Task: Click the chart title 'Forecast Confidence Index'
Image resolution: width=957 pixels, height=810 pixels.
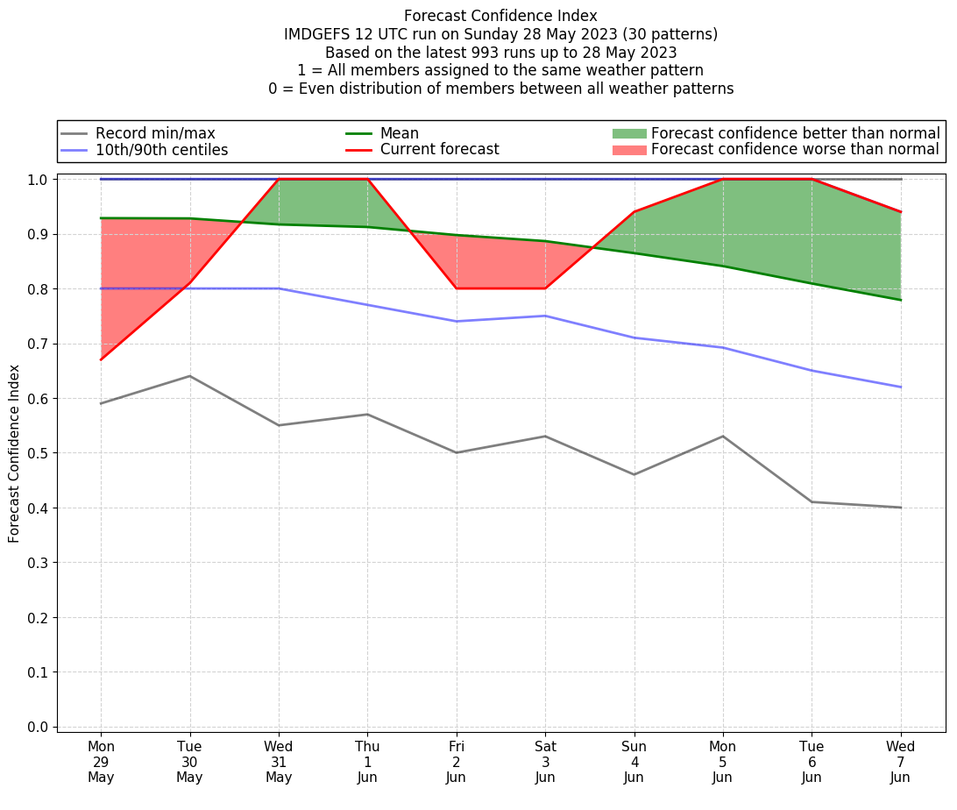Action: click(500, 16)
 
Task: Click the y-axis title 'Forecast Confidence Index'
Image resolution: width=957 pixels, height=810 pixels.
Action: click(14, 453)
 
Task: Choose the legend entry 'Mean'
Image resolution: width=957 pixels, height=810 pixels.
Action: click(399, 133)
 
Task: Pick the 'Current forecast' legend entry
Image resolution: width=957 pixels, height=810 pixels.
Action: click(439, 150)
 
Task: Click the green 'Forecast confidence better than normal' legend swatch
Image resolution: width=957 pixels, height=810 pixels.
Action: click(629, 133)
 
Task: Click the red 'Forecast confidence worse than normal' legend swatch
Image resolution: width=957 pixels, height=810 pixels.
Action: click(629, 150)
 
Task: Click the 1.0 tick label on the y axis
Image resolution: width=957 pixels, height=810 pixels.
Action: click(39, 179)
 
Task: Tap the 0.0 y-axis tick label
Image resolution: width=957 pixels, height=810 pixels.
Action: click(39, 727)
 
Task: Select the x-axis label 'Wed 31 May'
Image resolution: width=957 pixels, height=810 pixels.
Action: click(279, 762)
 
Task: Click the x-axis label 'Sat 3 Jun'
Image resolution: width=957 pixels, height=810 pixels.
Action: click(545, 762)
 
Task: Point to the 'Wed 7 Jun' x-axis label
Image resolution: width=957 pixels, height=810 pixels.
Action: click(900, 762)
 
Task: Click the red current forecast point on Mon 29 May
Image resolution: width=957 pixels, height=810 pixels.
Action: click(101, 359)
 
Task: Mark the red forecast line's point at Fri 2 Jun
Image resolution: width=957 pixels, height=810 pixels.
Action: click(457, 288)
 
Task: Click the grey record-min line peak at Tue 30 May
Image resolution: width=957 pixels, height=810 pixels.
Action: click(189, 376)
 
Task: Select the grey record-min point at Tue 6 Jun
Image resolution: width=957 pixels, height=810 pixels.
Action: click(812, 501)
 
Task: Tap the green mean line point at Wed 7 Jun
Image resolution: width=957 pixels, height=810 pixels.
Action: click(900, 300)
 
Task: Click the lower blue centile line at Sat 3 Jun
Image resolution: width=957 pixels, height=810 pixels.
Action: click(545, 316)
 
